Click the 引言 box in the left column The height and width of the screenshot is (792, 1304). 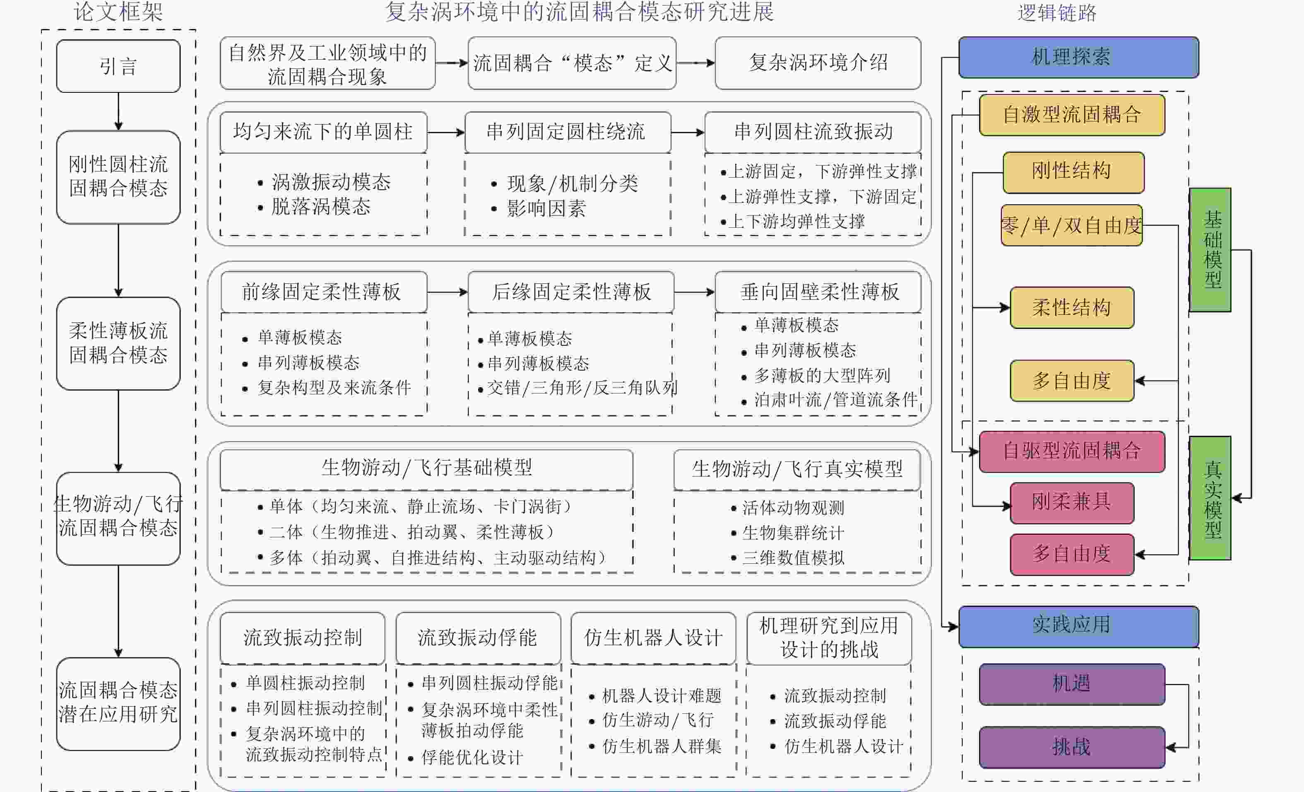coord(118,66)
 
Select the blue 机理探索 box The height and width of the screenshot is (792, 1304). coord(1078,57)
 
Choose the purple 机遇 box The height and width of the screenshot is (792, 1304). coord(1072,684)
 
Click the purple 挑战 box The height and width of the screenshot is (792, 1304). coord(1072,747)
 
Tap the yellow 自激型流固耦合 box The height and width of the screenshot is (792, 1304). coord(1072,115)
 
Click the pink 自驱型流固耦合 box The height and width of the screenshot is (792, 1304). coord(1072,451)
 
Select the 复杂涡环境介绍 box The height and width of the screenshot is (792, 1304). coord(818,63)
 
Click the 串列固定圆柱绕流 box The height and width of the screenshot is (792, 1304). coord(567,132)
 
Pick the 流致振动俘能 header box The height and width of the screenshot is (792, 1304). coord(478,637)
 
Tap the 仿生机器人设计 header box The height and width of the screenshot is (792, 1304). coord(653,637)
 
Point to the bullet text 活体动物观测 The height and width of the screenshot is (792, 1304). coord(793,508)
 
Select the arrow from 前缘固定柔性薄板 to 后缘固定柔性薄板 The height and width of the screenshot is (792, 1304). coord(447,292)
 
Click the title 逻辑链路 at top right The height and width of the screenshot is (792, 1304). coord(1057,13)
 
